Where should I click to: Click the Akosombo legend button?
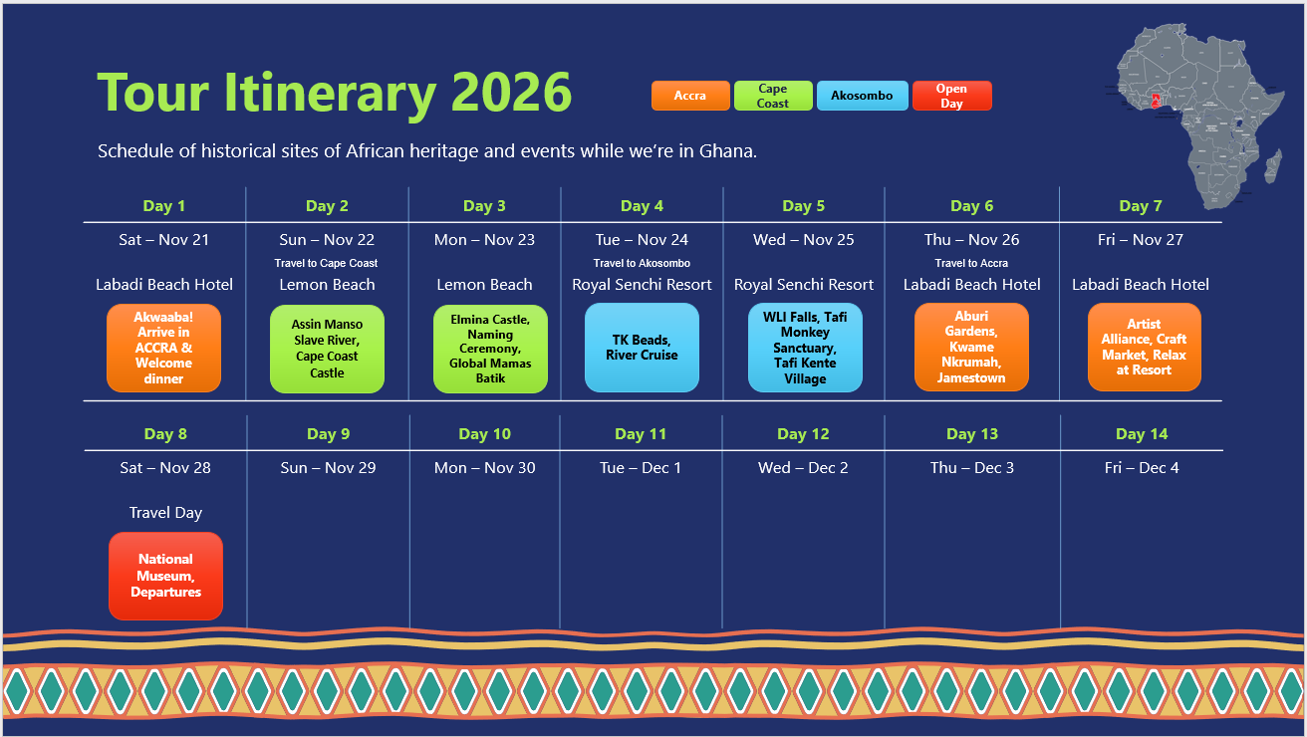[x=862, y=96]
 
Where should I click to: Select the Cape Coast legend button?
[x=773, y=96]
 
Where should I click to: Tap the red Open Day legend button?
[x=951, y=96]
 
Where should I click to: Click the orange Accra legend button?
[x=689, y=96]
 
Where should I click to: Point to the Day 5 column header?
[x=803, y=206]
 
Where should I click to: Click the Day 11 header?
[x=641, y=434]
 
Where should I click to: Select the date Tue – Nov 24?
[x=642, y=240]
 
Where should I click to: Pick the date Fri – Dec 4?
[x=1141, y=468]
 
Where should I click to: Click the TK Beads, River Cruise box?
[x=642, y=348]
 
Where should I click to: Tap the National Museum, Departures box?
[x=165, y=576]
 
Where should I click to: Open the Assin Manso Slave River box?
[x=327, y=349]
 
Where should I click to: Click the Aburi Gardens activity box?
[x=970, y=348]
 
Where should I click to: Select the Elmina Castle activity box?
[x=490, y=349]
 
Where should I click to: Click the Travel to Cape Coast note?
[x=327, y=264]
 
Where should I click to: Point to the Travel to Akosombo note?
[x=642, y=264]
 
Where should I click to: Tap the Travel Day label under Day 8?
[x=165, y=513]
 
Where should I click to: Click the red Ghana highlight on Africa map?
[x=1156, y=100]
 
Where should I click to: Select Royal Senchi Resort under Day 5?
[x=803, y=285]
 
